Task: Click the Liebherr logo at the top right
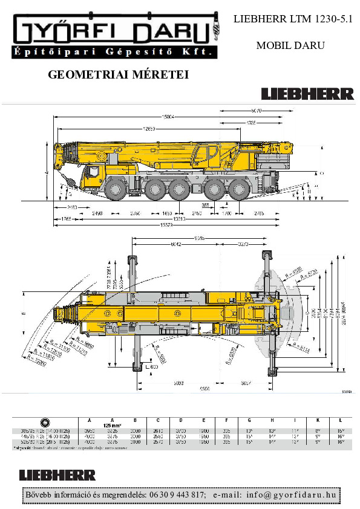(307, 94)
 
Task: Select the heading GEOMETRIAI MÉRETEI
(118, 75)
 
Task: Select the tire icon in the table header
(45, 421)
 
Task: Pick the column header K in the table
(318, 420)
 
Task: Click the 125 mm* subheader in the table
(113, 425)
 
